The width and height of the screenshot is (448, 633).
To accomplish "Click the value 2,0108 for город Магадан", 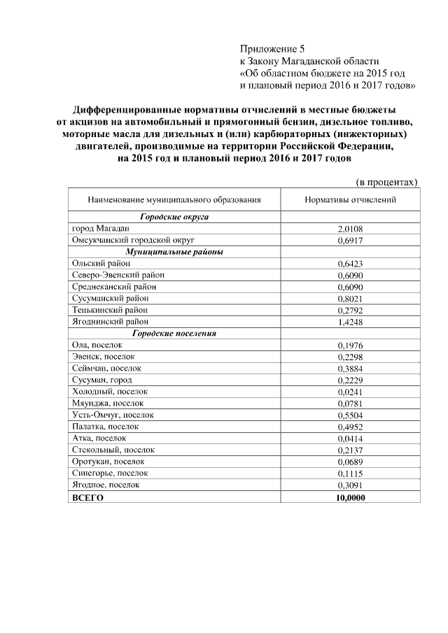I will (350, 229).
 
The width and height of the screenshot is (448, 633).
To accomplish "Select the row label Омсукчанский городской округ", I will (132, 240).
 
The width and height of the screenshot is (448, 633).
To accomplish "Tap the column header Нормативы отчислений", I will (350, 199).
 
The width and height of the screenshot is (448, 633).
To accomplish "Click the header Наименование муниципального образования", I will (174, 199).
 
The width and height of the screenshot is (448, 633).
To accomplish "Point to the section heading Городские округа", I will (174, 218).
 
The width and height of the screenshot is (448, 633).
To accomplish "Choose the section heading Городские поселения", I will (174, 334).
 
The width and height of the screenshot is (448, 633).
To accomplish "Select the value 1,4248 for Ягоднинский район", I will (350, 322).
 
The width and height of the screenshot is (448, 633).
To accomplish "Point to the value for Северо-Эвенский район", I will (350, 276).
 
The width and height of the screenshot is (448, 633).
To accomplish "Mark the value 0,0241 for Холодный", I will (350, 392).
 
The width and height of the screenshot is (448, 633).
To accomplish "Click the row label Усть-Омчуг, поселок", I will (113, 415).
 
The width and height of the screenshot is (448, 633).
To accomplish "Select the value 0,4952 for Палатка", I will (350, 427).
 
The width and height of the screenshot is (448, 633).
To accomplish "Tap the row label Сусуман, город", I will (101, 380).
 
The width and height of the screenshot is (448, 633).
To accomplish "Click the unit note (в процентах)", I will (387, 182).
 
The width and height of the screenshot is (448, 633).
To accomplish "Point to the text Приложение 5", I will (272, 50).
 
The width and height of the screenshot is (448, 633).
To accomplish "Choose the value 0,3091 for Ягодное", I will (350, 485).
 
